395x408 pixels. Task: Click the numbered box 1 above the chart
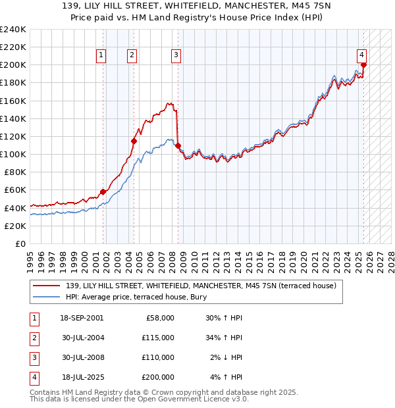pos(101,56)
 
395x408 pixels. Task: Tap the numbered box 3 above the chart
pos(176,56)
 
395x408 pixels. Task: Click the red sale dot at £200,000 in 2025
pos(363,64)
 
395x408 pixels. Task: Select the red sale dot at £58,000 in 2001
pos(103,191)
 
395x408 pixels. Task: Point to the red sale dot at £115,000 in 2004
pos(134,140)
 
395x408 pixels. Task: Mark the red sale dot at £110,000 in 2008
pos(178,145)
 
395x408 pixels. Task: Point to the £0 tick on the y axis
pos(20,243)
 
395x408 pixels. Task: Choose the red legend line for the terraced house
pos(46,286)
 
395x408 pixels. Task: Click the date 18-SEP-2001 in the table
pos(82,318)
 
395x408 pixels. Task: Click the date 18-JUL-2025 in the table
pos(81,377)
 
